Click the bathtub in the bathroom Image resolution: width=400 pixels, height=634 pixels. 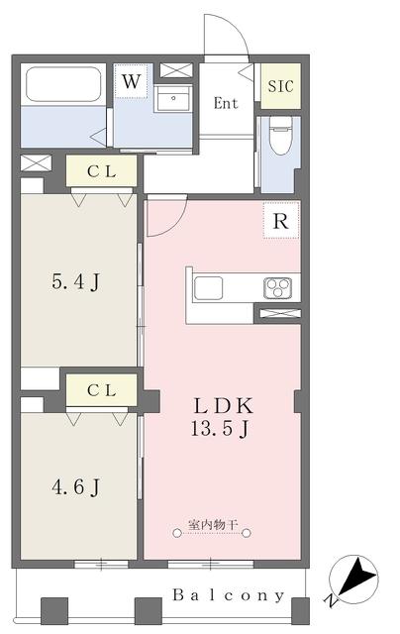[x=63, y=84]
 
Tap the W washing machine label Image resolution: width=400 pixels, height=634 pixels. [x=131, y=81]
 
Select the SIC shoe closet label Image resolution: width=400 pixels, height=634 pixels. [x=281, y=86]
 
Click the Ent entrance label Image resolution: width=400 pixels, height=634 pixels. [x=226, y=103]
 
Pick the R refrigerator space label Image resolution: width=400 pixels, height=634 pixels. [x=281, y=221]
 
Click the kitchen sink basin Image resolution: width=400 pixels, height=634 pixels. [x=208, y=288]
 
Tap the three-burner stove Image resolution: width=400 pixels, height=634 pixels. [x=278, y=288]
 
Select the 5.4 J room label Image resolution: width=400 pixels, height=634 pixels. [x=75, y=281]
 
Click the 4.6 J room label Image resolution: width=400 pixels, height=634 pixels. [x=75, y=486]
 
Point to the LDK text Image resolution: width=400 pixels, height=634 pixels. [x=224, y=405]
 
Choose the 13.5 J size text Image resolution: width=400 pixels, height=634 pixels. [x=220, y=429]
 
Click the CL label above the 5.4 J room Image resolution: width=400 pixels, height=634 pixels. [x=101, y=171]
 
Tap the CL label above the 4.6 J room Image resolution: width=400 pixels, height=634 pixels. [x=101, y=390]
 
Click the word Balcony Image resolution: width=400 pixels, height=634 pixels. [x=229, y=595]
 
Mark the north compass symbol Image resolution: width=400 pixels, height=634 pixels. [x=353, y=579]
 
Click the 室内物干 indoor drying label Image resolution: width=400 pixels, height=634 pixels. [x=213, y=525]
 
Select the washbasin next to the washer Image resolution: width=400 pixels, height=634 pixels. [x=173, y=98]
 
